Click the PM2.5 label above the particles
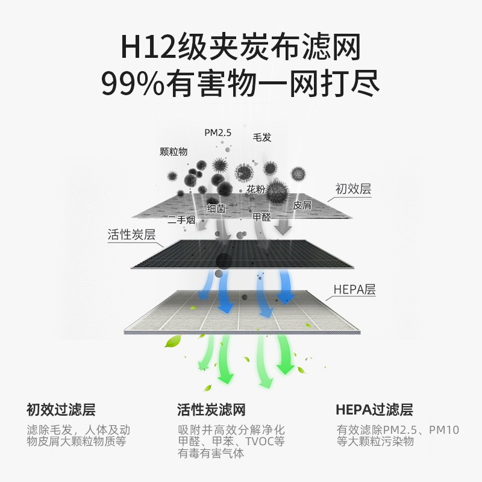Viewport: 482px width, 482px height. (218, 133)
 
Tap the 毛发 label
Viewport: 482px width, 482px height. (262, 137)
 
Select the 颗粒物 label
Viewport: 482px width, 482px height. (174, 152)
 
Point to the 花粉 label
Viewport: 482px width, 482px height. (255, 190)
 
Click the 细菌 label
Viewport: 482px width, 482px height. (216, 208)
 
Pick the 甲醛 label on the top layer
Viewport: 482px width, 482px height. (262, 217)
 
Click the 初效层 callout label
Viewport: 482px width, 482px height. (353, 189)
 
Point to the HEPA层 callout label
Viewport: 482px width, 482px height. (354, 290)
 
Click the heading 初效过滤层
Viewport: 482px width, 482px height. (61, 410)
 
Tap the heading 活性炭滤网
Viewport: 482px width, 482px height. (211, 410)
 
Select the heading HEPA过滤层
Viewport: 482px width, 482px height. (374, 410)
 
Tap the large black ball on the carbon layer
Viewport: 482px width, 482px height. (223, 260)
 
